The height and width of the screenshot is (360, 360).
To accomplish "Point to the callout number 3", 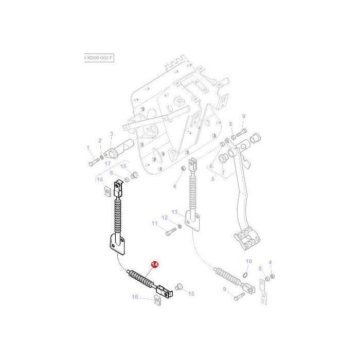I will pyautogui.click(x=111, y=134).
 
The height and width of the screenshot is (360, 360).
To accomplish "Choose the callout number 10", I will pyautogui.click(x=249, y=261).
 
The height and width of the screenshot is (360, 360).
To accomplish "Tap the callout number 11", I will pyautogui.click(x=154, y=223).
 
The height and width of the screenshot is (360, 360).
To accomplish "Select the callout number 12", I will pyautogui.click(x=165, y=218).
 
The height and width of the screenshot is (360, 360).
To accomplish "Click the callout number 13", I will pyautogui.click(x=174, y=212).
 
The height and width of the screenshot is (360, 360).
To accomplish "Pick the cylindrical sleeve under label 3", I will pyautogui.click(x=119, y=151).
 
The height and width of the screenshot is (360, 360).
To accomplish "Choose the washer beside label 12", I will pyautogui.click(x=178, y=227).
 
